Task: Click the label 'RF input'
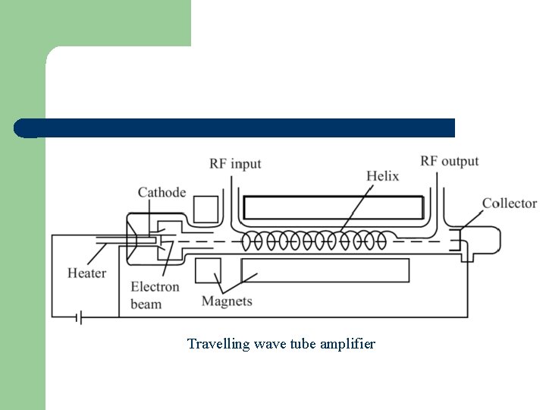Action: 235,164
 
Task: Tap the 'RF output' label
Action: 450,161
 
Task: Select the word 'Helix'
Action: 382,176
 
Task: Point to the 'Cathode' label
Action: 162,192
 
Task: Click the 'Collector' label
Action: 509,203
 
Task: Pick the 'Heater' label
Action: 86,273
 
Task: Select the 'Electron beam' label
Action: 155,295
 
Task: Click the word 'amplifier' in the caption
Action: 347,344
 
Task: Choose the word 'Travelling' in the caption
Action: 214,344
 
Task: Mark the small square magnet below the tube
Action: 208,271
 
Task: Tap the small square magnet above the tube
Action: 205,209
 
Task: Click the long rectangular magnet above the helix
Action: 334,207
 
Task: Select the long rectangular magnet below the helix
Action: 325,270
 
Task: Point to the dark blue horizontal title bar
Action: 235,128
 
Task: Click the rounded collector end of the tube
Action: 485,238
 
